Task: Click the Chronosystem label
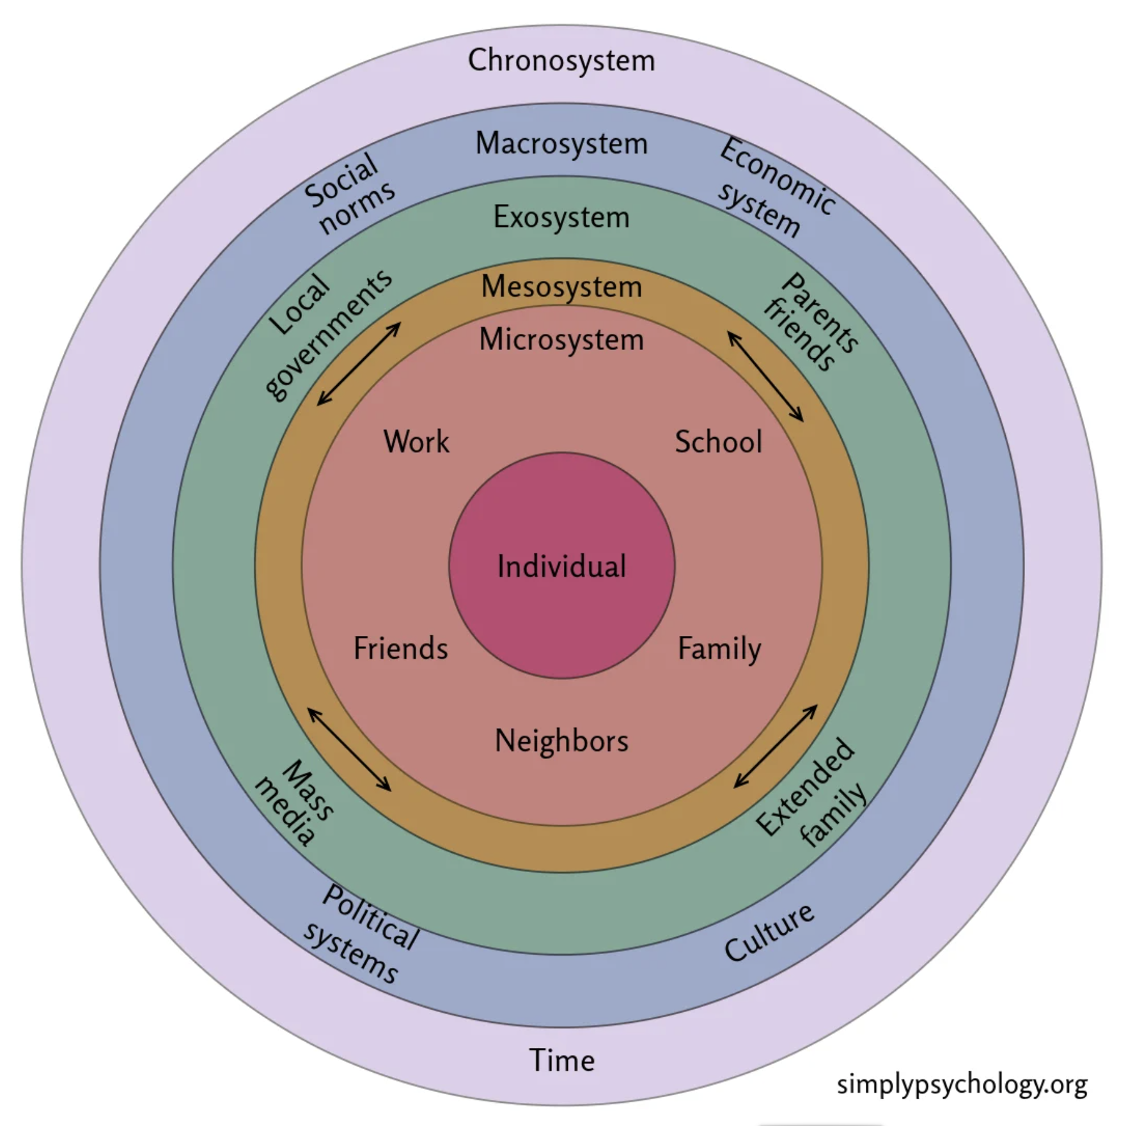pos(561,61)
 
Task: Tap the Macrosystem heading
pos(561,143)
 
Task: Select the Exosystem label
pos(561,218)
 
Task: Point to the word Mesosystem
pos(561,286)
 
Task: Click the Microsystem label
pos(561,339)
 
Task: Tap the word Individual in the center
pos(561,567)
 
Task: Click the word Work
pos(416,441)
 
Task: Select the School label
pos(719,441)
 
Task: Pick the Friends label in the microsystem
pos(401,648)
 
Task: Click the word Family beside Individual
pos(719,649)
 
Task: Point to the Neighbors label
pos(561,741)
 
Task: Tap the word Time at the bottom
pos(561,1060)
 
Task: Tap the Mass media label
pos(294,802)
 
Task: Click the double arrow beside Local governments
pos(359,363)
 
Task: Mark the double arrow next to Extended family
pos(775,746)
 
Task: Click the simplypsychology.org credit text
pos(962,1084)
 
